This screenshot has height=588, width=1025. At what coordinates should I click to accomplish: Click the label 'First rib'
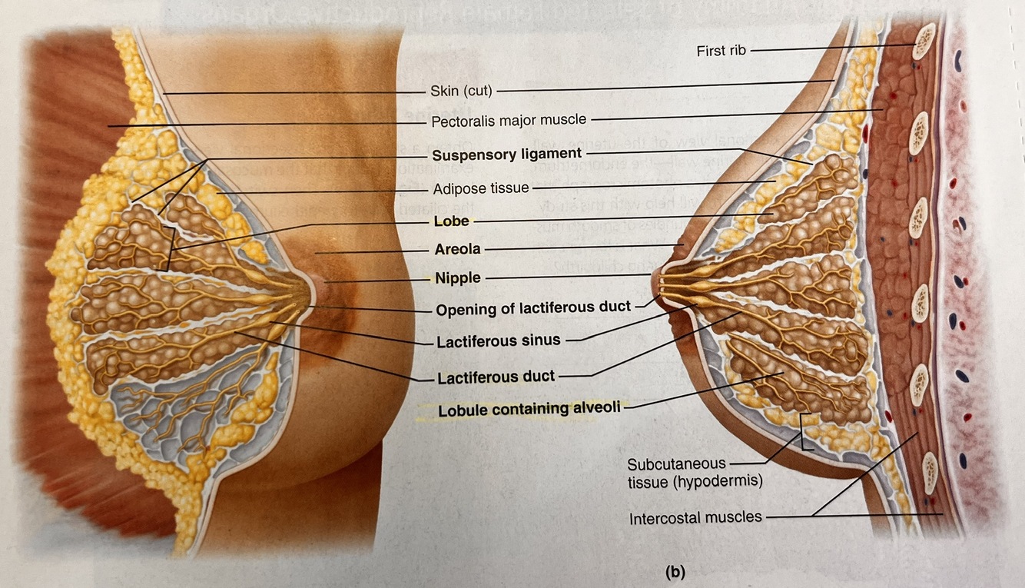pyautogui.click(x=721, y=51)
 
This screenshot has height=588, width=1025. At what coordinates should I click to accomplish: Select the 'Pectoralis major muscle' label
pyautogui.click(x=509, y=121)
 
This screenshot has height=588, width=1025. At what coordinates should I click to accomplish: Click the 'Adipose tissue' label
pyautogui.click(x=479, y=188)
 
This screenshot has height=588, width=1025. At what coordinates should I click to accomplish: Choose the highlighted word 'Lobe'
pyautogui.click(x=451, y=222)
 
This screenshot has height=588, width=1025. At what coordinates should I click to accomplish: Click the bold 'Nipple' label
pyautogui.click(x=458, y=278)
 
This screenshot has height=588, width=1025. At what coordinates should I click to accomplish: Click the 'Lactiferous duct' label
pyautogui.click(x=496, y=377)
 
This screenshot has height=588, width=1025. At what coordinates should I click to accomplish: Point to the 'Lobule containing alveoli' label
pyautogui.click(x=529, y=409)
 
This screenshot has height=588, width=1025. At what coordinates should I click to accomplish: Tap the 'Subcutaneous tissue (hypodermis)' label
pyautogui.click(x=676, y=473)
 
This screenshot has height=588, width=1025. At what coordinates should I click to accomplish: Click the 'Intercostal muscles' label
pyautogui.click(x=695, y=517)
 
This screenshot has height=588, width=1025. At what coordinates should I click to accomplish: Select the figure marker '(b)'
pyautogui.click(x=674, y=571)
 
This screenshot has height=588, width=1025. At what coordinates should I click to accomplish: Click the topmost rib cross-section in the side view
pyautogui.click(x=922, y=42)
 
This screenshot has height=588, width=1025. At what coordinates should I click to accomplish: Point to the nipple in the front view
pyautogui.click(x=310, y=291)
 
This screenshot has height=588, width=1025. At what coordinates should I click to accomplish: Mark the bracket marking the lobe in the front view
pyautogui.click(x=168, y=248)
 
